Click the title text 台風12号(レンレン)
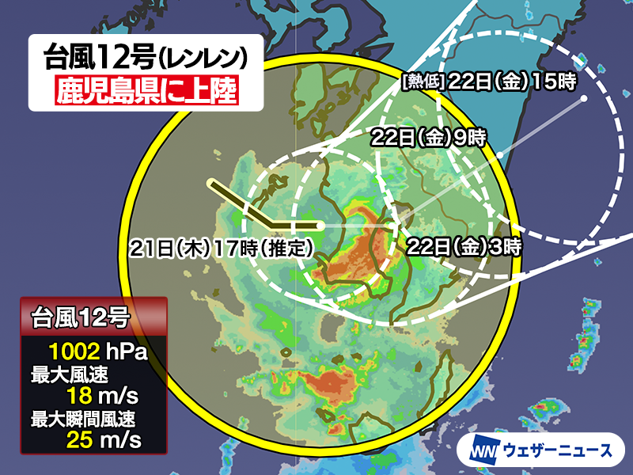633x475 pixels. pos(146,58)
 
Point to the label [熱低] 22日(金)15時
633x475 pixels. pos(488,80)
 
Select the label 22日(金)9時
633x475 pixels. pos(428,136)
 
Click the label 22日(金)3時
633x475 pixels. pos(463,245)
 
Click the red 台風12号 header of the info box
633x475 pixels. pos(93,318)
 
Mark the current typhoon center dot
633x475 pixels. pos(320,226)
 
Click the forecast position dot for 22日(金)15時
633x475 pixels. pos(584,99)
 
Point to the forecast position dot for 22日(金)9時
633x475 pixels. pos(501,158)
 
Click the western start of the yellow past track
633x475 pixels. pos(211,184)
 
